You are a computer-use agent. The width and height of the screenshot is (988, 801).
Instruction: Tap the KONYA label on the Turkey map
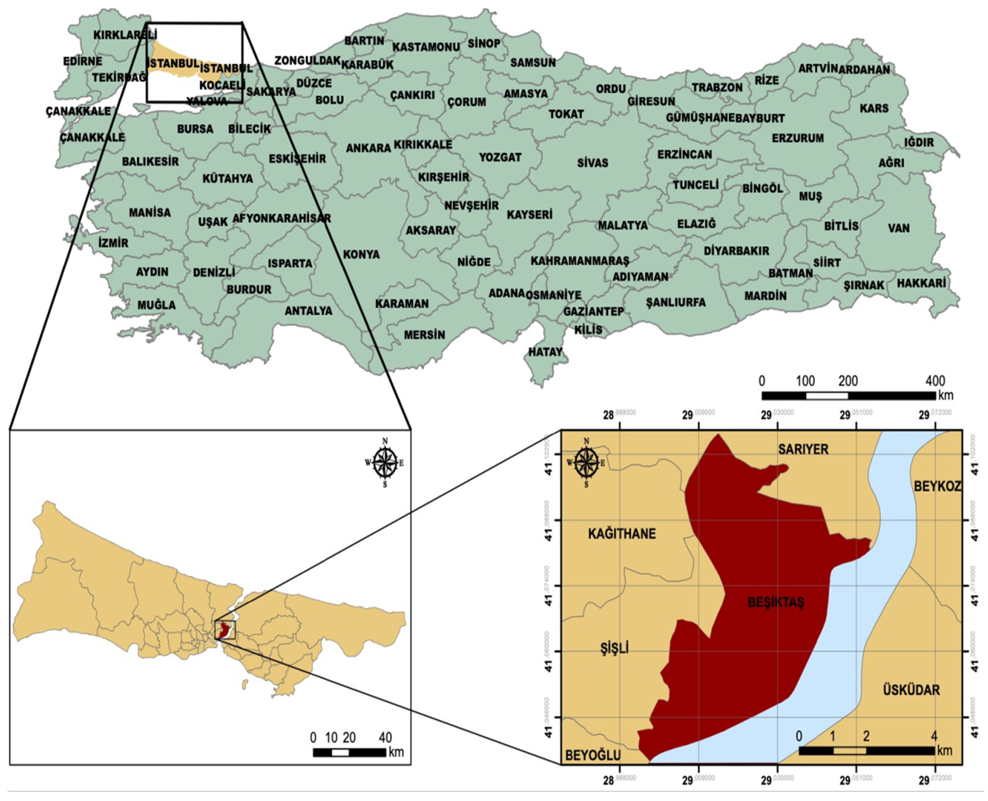pos(362,254)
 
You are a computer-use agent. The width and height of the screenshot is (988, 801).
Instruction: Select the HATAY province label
pos(546,352)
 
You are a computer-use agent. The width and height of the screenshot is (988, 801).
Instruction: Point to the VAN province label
pos(898,228)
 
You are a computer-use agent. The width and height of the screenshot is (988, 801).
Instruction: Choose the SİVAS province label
pos(593,163)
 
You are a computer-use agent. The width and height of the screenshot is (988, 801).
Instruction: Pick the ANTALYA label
pos(308,310)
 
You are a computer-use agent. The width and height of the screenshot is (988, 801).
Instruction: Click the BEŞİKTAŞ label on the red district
pos(775,603)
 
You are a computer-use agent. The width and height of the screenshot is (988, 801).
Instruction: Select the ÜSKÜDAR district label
pos(911,690)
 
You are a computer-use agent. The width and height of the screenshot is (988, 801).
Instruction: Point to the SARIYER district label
pos(803,449)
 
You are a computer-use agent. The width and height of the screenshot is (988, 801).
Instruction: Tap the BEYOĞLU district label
pos(593,755)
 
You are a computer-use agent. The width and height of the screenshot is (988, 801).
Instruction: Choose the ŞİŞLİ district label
pos(614,649)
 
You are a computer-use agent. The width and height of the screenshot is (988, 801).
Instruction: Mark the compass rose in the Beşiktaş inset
pos(586,462)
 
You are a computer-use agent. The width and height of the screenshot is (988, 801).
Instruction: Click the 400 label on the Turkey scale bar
pos(935,381)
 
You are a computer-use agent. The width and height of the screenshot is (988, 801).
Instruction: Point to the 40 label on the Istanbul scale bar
pos(385,737)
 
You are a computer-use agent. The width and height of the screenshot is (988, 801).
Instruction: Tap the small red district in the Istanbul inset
pos(224,631)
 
